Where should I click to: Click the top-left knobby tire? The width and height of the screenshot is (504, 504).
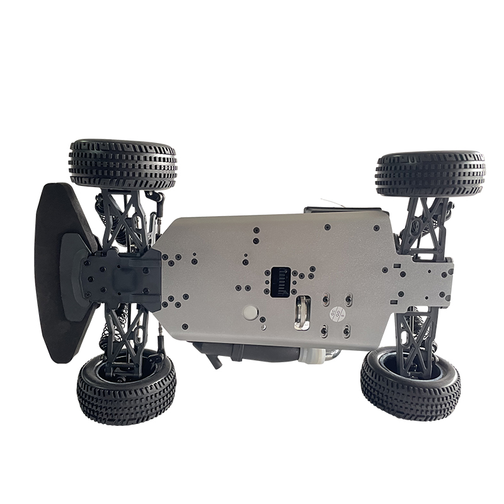pyautogui.click(x=123, y=164)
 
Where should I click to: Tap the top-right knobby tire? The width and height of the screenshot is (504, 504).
pyautogui.click(x=430, y=173)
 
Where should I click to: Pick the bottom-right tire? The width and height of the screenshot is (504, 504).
pyautogui.click(x=410, y=384)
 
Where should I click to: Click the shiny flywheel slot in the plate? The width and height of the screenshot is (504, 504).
pyautogui.click(x=302, y=313)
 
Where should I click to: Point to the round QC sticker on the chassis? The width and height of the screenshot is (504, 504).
pyautogui.click(x=338, y=313)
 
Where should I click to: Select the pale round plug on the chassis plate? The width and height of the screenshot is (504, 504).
pyautogui.click(x=250, y=312)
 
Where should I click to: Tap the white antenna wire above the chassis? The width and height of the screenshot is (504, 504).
pyautogui.click(x=331, y=203)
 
